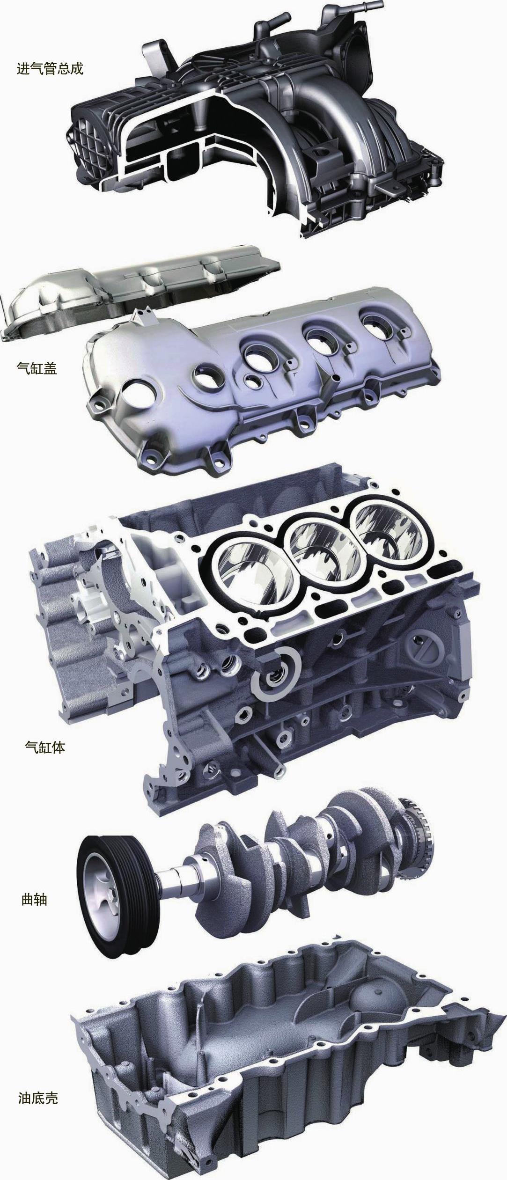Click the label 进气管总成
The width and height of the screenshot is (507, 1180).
(x=50, y=69)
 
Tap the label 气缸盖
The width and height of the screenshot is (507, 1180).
(x=37, y=369)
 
